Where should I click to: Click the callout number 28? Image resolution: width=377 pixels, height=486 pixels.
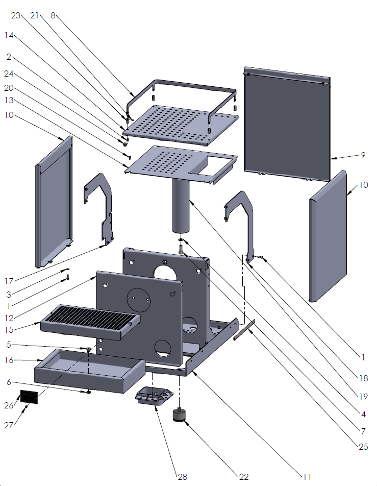click(182, 477)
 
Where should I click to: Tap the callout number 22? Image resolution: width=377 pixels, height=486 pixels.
click(244, 477)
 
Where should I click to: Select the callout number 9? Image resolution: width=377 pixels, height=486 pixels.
click(363, 155)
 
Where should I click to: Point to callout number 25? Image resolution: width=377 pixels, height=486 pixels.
click(363, 447)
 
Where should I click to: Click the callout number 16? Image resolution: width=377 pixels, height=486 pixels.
click(9, 360)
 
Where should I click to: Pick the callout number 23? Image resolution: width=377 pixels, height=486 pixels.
click(15, 16)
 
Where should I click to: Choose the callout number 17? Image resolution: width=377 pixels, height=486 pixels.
click(9, 280)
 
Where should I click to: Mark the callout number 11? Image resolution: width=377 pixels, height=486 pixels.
click(307, 477)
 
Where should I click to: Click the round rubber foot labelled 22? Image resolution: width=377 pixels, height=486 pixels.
click(180, 415)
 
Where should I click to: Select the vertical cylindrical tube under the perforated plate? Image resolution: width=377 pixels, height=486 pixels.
click(180, 204)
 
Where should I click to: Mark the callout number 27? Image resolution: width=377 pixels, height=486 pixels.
click(9, 425)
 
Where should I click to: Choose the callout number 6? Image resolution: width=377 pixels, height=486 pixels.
click(9, 382)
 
